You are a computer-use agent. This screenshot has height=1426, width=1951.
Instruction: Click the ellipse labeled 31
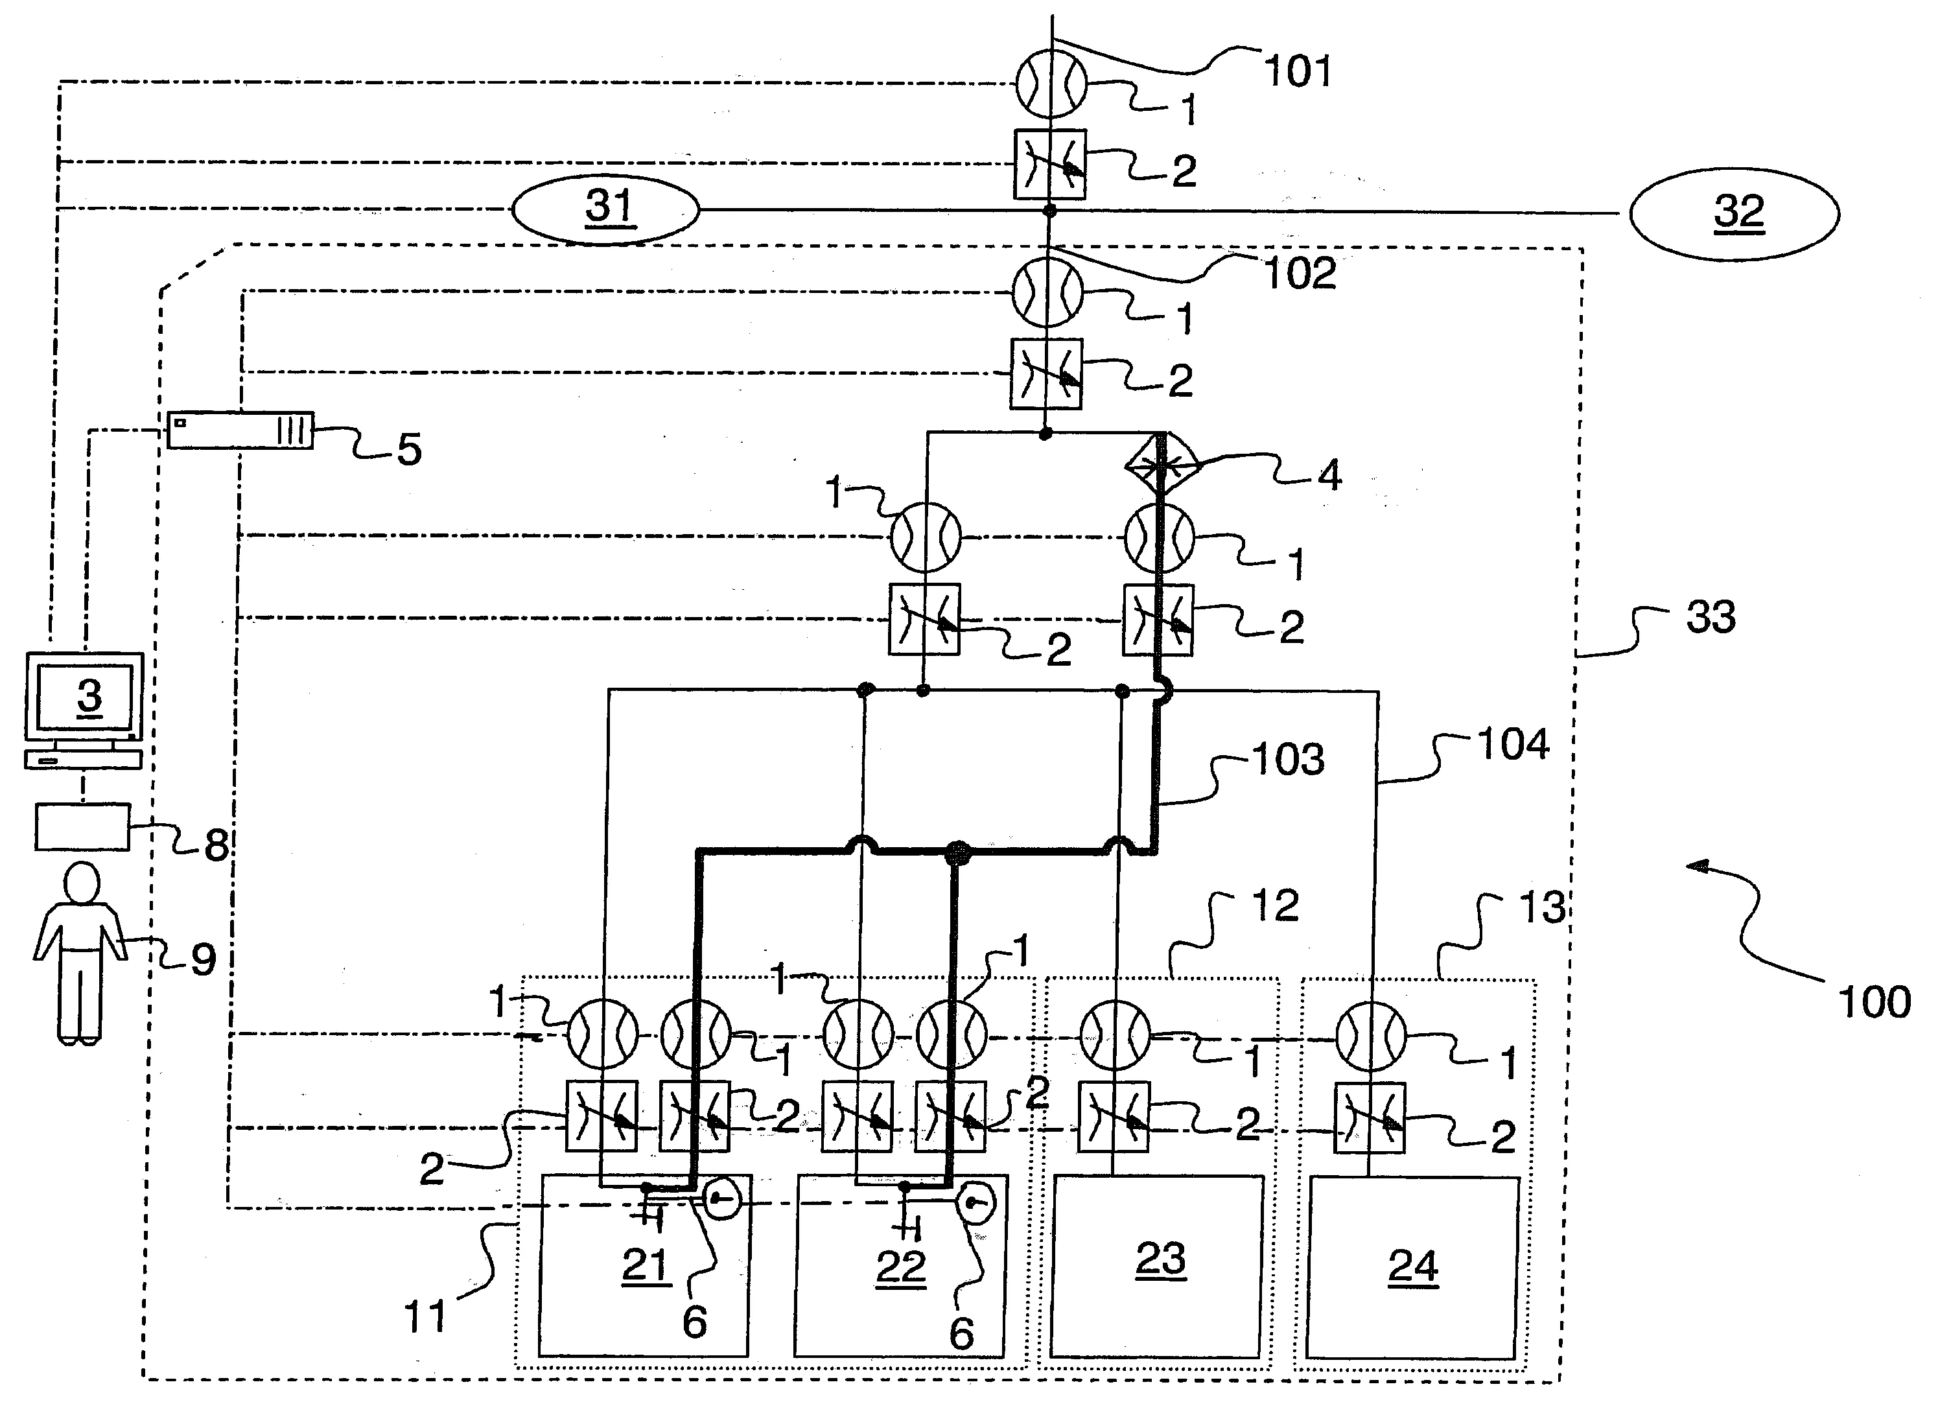pyautogui.click(x=605, y=209)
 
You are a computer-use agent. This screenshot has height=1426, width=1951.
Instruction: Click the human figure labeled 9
pyautogui.click(x=80, y=954)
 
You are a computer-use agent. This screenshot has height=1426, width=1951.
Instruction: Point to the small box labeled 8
pyautogui.click(x=82, y=827)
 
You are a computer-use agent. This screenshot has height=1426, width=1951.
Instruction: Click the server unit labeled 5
pyautogui.click(x=239, y=430)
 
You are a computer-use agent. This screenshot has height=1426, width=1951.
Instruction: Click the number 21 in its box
pyautogui.click(x=646, y=1265)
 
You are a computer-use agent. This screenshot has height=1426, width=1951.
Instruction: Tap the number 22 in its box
pyautogui.click(x=900, y=1267)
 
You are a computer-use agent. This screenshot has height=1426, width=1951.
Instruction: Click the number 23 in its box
pyautogui.click(x=1160, y=1259)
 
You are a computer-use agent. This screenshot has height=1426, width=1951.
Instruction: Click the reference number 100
pyautogui.click(x=1874, y=1002)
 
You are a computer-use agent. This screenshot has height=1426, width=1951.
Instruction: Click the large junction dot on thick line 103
pyautogui.click(x=958, y=853)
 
